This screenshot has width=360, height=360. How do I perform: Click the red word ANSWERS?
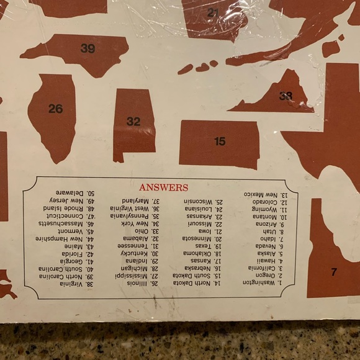click(164, 187)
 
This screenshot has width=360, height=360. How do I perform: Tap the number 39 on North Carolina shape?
click(88, 48)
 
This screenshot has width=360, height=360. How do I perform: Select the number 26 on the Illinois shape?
click(55, 109)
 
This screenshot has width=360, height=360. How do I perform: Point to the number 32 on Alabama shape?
click(133, 122)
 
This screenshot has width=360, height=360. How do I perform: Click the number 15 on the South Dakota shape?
click(220, 142)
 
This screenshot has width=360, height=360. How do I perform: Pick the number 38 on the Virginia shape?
click(286, 96)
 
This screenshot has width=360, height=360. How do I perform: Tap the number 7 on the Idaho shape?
click(333, 272)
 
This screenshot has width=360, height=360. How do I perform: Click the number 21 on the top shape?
click(214, 12)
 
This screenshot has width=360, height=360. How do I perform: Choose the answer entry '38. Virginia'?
click(77, 283)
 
